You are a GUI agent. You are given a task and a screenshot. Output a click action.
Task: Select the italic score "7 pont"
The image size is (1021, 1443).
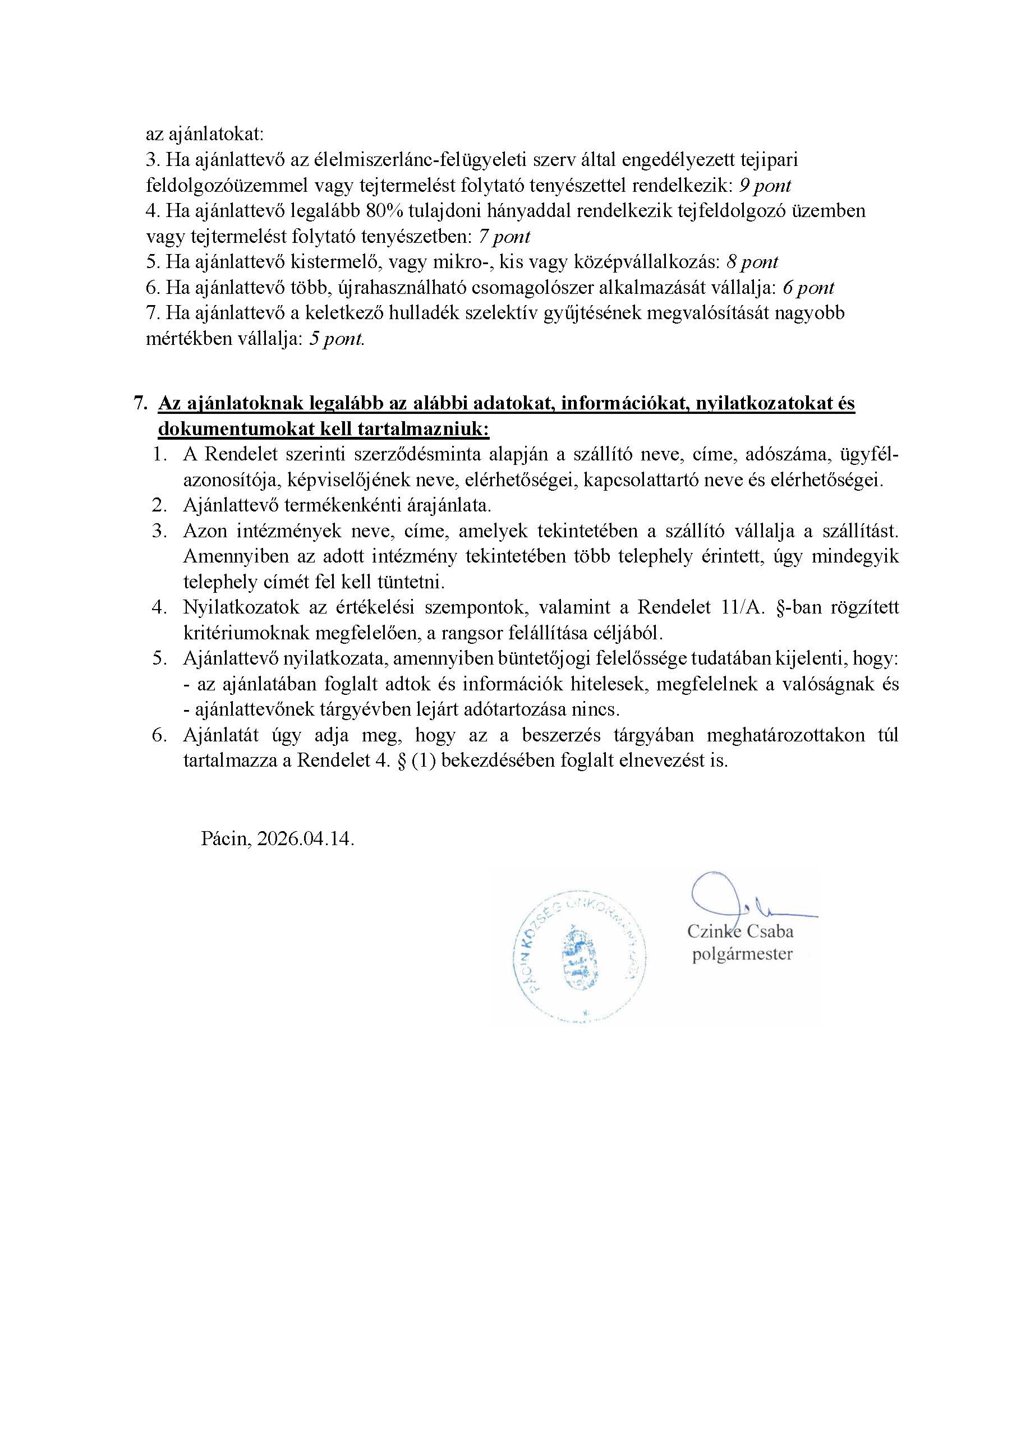tap(504, 237)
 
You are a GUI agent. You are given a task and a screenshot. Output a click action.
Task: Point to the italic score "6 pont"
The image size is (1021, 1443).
tap(808, 288)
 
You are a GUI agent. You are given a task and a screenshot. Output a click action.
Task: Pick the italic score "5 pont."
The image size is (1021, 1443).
tap(337, 339)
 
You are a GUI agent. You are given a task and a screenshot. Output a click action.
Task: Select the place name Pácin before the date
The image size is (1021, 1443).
tap(225, 839)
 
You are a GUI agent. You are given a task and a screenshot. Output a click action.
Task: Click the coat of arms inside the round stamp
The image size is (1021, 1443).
tap(582, 960)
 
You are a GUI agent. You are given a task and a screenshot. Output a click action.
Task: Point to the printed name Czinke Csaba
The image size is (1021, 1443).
tap(740, 931)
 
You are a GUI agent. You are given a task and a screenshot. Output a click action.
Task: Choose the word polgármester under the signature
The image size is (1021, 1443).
tap(742, 954)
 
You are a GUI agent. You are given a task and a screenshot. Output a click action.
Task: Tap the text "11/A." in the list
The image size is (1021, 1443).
tap(740, 607)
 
